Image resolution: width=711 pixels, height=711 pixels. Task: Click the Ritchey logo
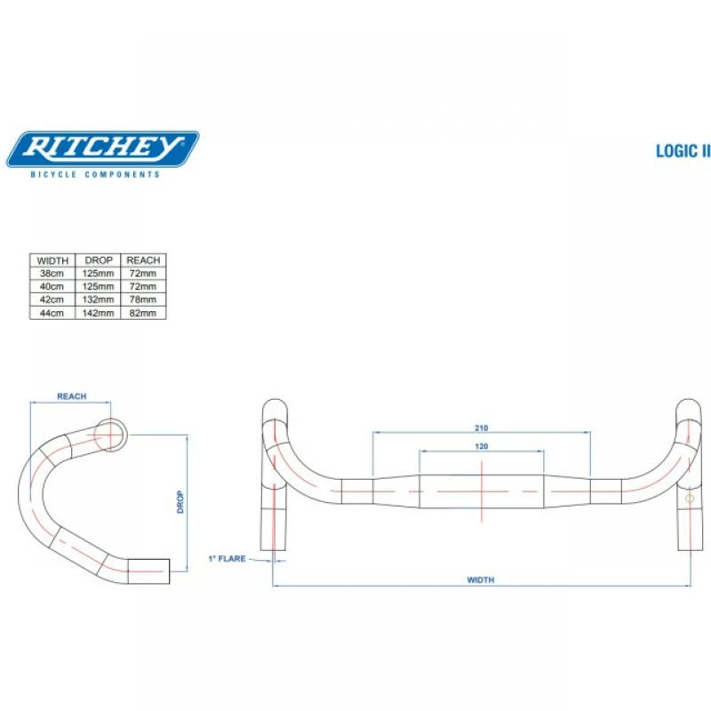point(102,148)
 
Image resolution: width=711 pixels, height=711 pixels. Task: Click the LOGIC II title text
point(683,151)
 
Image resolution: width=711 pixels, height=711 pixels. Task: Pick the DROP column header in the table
point(99,260)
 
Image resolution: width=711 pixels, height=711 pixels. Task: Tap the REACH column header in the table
point(143,260)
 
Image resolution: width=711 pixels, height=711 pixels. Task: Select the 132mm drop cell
point(99,300)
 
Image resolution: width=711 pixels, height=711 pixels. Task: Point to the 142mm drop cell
point(99,313)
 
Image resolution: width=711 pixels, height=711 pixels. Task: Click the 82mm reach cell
point(143,313)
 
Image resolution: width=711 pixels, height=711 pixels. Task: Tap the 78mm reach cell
point(143,300)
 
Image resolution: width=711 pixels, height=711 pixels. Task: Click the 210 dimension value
point(482,427)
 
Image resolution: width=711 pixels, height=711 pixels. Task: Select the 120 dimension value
point(482,445)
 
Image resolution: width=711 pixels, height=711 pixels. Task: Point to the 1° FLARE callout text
point(226,559)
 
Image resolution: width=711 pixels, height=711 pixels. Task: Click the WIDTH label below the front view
point(481,579)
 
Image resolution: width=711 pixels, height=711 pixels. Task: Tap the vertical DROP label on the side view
point(180,503)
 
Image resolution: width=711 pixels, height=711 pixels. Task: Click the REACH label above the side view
point(71,396)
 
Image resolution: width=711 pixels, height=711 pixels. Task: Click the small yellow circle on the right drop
point(690,499)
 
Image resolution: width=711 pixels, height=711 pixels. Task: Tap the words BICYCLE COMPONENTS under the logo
point(96,174)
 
